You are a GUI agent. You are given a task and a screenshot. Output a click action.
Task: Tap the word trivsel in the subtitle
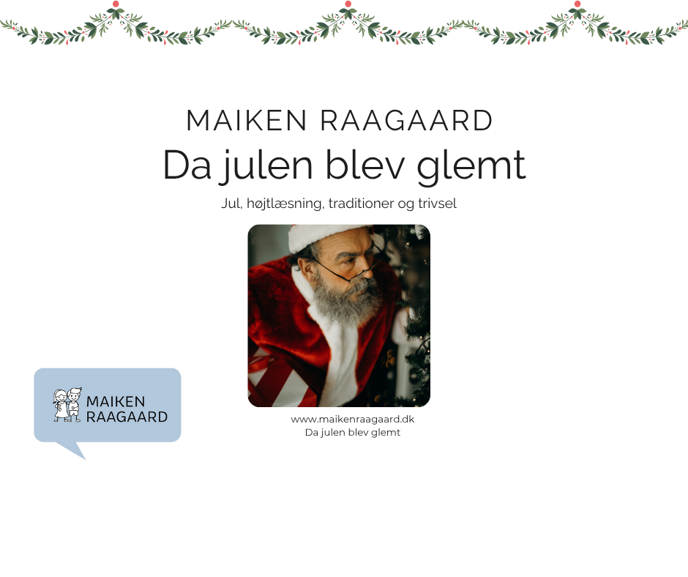point(436,204)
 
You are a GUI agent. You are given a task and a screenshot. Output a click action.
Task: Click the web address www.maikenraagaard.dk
point(353,419)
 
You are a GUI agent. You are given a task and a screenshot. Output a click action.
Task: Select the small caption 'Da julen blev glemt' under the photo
point(353,433)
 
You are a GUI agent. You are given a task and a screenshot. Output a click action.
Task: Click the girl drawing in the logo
point(60,405)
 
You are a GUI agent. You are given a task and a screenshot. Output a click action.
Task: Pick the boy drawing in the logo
point(73,405)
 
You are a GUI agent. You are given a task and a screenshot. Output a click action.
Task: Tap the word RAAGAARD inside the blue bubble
point(127,417)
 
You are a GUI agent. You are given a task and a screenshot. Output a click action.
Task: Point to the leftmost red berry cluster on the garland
point(115,5)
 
